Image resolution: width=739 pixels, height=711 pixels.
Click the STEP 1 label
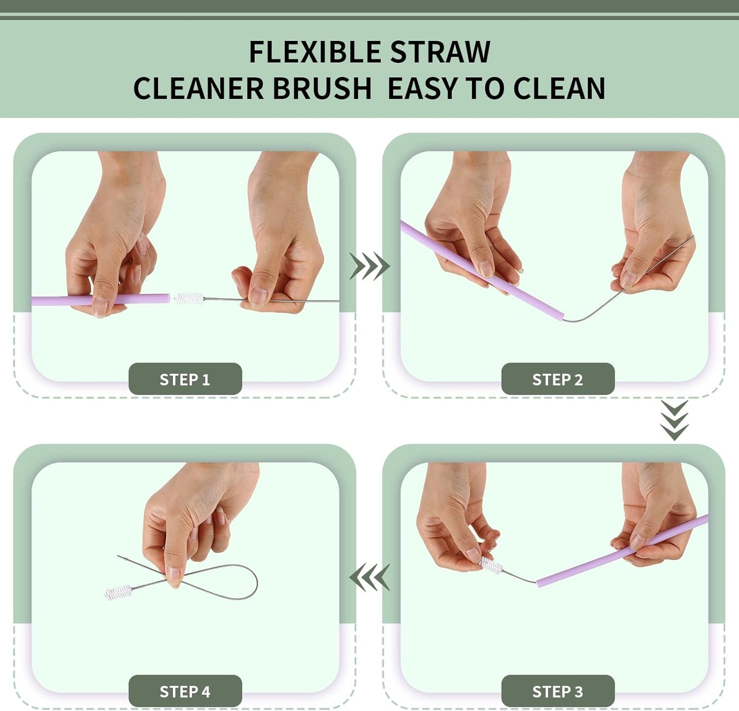(185, 379)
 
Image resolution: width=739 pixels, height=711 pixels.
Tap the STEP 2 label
(557, 379)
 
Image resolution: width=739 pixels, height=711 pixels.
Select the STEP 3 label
(557, 691)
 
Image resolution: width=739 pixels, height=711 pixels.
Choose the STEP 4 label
(185, 691)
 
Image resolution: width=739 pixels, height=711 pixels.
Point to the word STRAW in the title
(440, 52)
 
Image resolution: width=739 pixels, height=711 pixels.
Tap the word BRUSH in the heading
(322, 88)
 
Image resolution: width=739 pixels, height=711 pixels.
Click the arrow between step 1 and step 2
(369, 266)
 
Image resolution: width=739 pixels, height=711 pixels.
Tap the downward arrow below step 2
(674, 420)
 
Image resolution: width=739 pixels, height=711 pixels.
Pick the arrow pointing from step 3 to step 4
(369, 577)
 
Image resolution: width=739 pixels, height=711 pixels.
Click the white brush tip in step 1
(189, 299)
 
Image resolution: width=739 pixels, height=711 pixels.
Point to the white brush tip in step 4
(119, 592)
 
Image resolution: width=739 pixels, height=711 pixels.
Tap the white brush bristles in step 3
(491, 565)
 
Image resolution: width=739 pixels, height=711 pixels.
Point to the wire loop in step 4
(240, 583)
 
